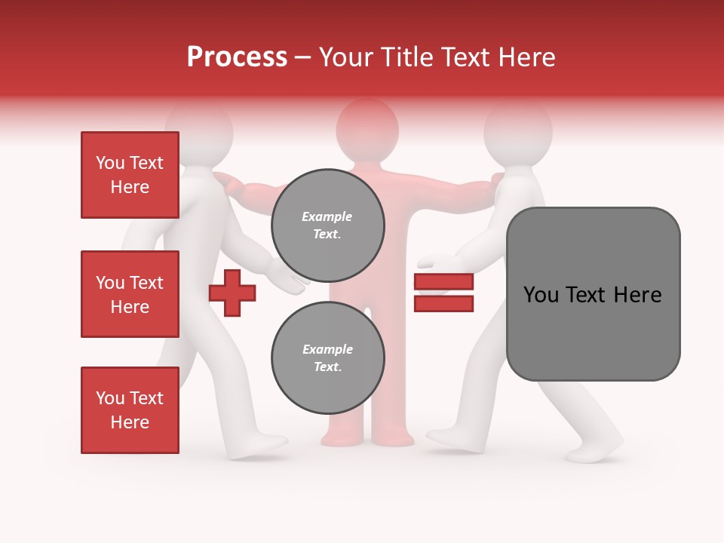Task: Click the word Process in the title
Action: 237,57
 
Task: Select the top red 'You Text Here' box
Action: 130,175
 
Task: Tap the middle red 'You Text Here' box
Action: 130,294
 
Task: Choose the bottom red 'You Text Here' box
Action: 130,410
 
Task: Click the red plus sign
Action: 232,293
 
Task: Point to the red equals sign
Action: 443,293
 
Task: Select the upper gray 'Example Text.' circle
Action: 327,225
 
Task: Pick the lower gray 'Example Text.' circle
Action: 327,358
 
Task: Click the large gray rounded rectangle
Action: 593,294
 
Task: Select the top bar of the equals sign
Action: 443,282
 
